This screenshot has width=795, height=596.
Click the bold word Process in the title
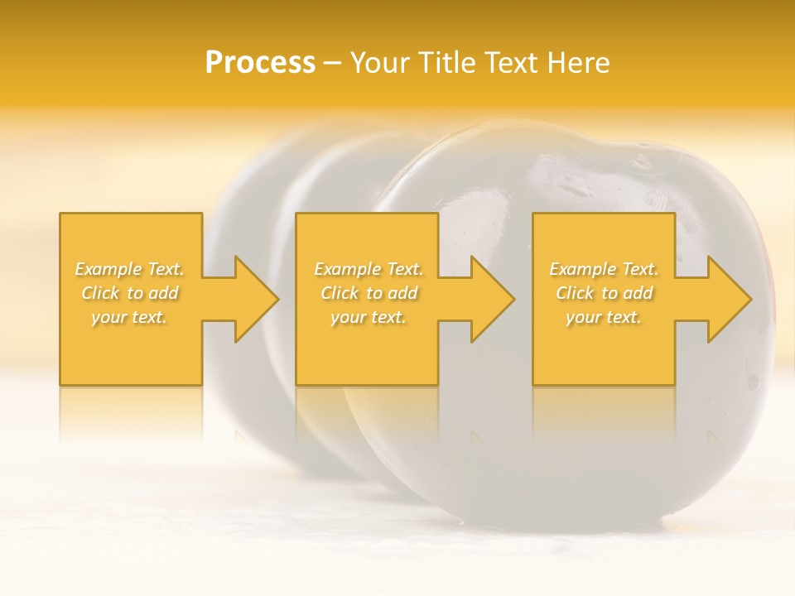260,63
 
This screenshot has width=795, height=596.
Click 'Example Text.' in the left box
130,269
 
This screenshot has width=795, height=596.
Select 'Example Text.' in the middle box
369,269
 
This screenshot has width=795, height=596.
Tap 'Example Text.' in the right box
604,269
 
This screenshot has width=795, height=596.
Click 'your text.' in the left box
129,317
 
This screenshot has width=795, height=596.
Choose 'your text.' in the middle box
369,317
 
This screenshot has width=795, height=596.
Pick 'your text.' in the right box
604,317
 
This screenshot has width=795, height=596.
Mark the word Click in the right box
575,293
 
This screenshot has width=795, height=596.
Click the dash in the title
332,63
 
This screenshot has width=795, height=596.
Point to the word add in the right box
638,293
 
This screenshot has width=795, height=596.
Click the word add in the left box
164,293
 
